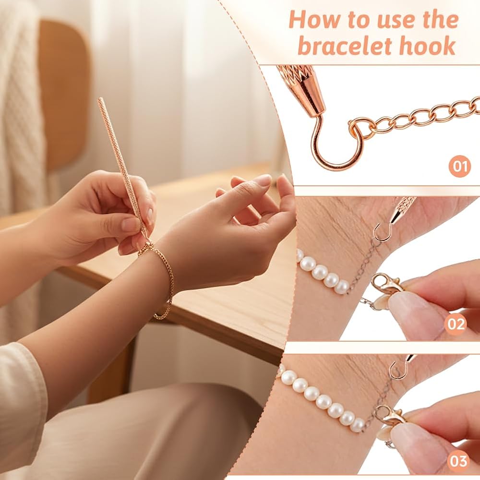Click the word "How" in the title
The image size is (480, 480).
(316, 20)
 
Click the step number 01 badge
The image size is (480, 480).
(460, 166)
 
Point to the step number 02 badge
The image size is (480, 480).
(456, 324)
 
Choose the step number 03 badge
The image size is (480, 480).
(458, 461)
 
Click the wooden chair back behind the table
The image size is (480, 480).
(63, 92)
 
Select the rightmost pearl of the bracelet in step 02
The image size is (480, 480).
(342, 287)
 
